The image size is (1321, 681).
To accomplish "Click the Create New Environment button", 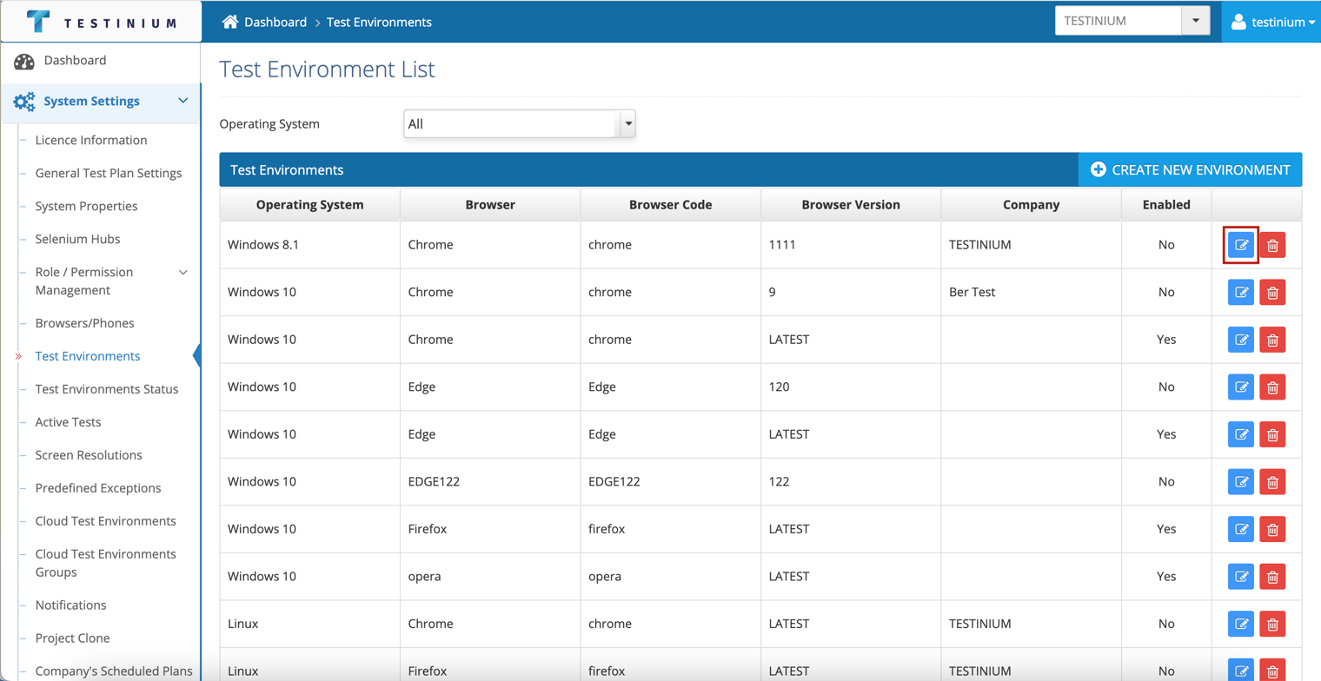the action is (1190, 169).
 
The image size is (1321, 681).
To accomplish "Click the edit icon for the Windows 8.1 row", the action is (1241, 245).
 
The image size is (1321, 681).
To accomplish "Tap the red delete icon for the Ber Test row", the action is (1272, 293).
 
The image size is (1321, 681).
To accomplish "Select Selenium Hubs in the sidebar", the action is (77, 239).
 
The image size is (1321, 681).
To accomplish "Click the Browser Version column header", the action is (850, 205).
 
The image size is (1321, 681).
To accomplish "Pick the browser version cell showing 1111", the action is (782, 245).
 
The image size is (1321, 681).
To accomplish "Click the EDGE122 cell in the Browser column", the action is (434, 482).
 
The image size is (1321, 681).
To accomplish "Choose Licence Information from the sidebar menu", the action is (90, 140).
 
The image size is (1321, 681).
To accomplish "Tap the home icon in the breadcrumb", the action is (230, 22).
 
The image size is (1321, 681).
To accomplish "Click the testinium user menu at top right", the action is (1271, 22).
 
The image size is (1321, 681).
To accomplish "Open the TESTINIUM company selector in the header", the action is (1132, 21).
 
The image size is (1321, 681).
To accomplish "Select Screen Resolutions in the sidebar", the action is (89, 454).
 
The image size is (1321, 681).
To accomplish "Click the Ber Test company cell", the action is (972, 292).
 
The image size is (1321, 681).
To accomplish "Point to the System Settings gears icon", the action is (24, 102).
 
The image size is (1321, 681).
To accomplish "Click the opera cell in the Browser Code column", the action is (605, 577).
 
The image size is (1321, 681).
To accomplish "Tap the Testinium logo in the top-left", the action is (101, 22).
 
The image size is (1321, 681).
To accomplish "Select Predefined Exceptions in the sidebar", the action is (98, 487).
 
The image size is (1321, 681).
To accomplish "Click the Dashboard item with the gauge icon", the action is (75, 60).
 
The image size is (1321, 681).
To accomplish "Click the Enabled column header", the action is (1166, 205).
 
